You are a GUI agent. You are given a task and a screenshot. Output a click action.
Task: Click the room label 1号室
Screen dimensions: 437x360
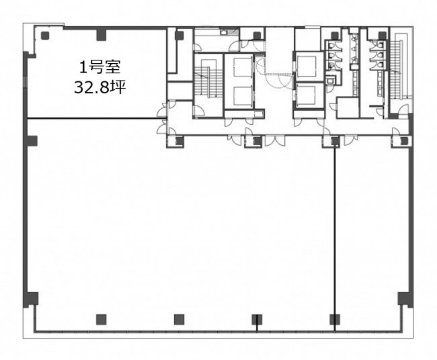100,68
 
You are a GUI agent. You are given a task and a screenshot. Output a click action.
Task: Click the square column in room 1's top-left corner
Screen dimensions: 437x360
45,36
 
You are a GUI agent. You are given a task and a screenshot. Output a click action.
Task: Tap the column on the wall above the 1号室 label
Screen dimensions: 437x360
101,34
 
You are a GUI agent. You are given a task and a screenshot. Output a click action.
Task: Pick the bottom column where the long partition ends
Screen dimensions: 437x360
334,319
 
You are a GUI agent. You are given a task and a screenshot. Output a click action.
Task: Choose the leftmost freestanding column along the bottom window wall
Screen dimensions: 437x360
101,319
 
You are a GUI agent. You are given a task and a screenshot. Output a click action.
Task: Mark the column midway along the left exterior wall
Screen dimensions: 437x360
32,141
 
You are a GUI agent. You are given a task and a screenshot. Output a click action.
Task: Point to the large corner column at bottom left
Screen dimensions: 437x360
31,300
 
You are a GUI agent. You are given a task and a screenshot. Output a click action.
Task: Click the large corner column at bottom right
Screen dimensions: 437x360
405,300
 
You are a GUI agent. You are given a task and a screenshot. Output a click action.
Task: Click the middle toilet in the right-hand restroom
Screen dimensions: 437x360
381,54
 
